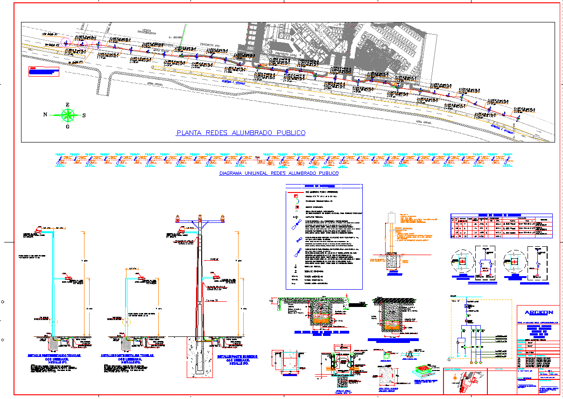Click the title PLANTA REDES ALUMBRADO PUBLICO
(x=241, y=133)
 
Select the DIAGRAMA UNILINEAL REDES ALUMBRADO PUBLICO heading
(x=279, y=173)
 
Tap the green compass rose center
(x=68, y=114)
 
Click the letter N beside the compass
(x=45, y=114)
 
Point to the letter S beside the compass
(x=84, y=115)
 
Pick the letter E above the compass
(x=67, y=105)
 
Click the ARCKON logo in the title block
(x=538, y=313)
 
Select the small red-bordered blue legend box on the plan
(x=44, y=71)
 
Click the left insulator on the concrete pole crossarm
(x=177, y=218)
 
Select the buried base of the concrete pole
(x=199, y=357)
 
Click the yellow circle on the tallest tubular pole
(x=55, y=322)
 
